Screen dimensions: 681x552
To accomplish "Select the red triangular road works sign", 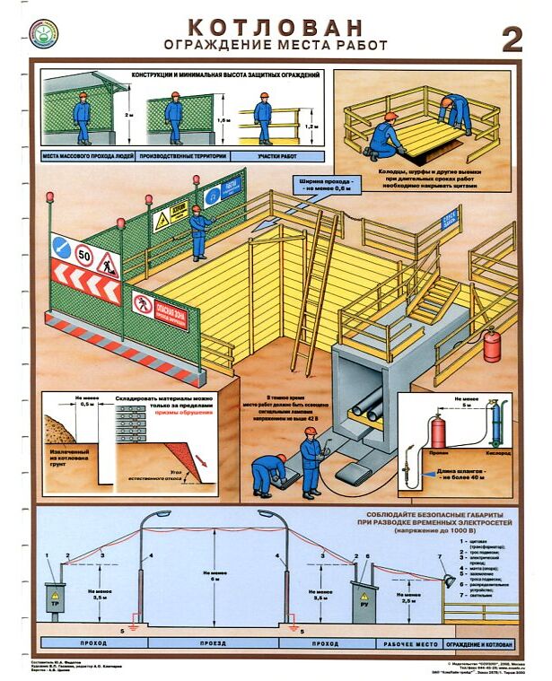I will tap(107, 262).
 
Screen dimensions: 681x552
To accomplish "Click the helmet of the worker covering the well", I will tap(390, 117).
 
